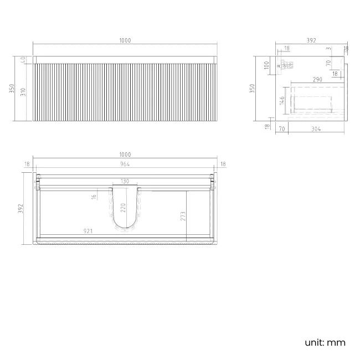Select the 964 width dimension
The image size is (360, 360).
(x=125, y=164)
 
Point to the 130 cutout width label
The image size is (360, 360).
(x=125, y=182)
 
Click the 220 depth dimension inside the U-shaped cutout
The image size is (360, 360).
(x=124, y=208)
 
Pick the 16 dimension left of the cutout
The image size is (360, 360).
(x=94, y=196)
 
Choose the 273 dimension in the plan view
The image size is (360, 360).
(x=183, y=217)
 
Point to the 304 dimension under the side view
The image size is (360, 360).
(x=315, y=129)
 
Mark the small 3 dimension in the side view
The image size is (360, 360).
(x=328, y=49)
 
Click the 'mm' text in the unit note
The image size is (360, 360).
(x=337, y=342)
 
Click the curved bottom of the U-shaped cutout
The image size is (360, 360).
(x=125, y=227)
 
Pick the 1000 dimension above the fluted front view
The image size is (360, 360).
(x=125, y=40)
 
